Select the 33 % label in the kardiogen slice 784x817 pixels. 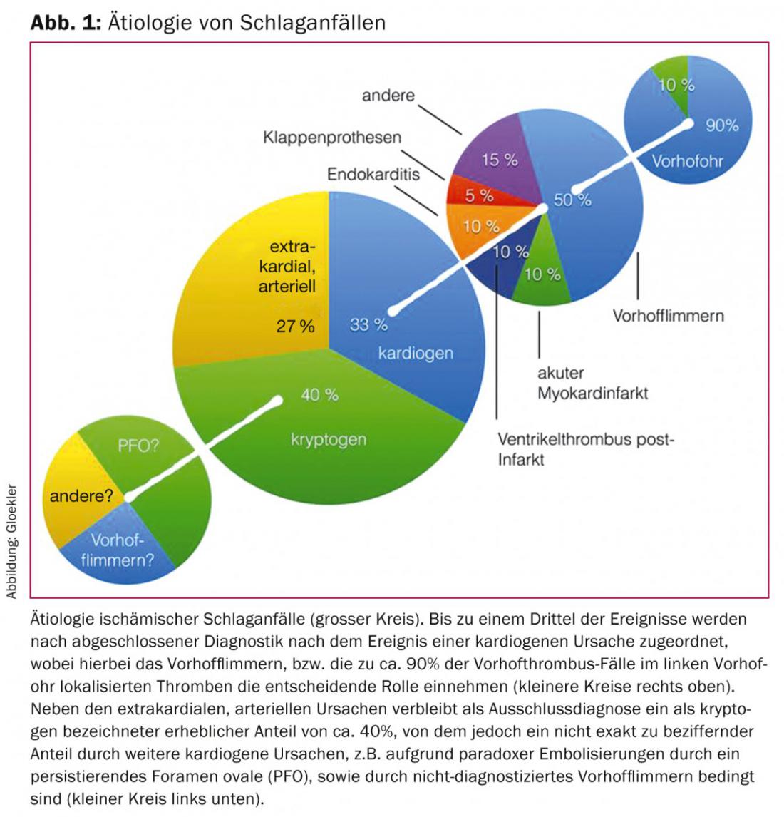click(368, 325)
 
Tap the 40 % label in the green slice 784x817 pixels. click(319, 394)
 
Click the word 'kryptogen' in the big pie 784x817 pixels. click(329, 439)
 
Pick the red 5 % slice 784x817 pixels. click(480, 195)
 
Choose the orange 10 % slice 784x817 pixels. click(482, 227)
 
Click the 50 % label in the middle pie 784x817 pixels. click(573, 200)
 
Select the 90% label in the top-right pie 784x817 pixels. click(721, 125)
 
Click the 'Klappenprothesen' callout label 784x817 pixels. click(332, 137)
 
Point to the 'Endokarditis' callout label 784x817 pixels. click(373, 174)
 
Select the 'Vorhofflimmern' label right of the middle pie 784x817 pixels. click(668, 315)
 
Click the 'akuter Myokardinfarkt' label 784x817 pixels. click(592, 383)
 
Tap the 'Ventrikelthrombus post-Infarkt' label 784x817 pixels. click(584, 449)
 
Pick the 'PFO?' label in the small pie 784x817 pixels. click(138, 446)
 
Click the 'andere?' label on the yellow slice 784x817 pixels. click(81, 496)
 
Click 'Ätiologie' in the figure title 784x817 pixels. click(149, 22)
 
